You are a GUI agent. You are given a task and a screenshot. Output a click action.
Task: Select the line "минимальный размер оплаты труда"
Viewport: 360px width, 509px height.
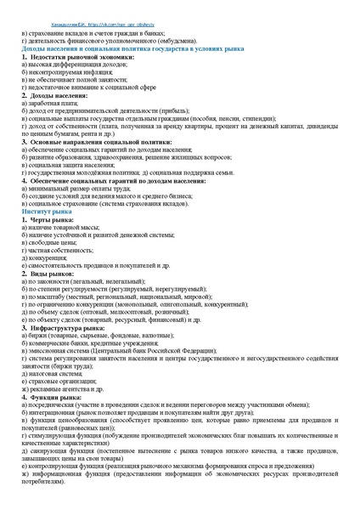click(72, 187)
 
